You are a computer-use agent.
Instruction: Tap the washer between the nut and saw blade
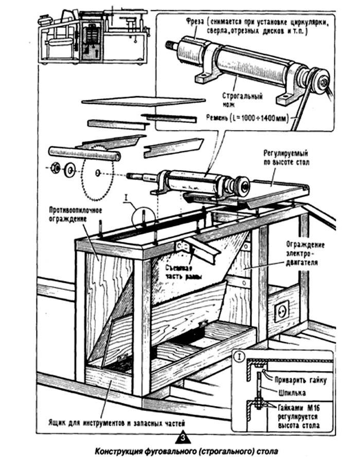click(x=68, y=170)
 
